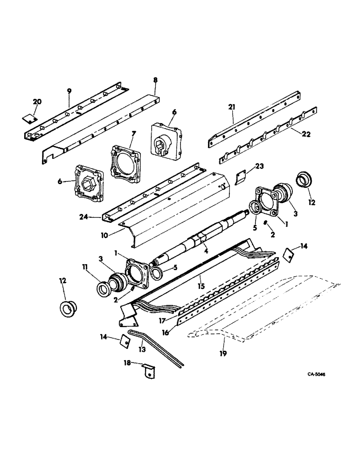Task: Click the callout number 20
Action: pyautogui.click(x=37, y=102)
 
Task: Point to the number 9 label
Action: pyautogui.click(x=69, y=90)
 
